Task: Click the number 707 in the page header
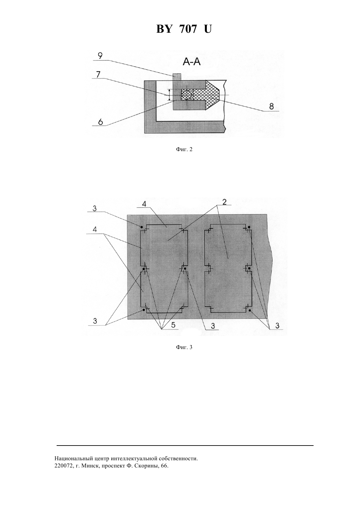coord(188,29)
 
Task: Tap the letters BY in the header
coord(164,29)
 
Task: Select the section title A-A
coord(191,61)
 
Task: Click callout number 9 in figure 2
coord(100,56)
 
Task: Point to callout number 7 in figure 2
coord(98,74)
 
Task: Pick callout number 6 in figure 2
coord(100,122)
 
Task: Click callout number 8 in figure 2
coord(271,107)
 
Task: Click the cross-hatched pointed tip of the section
coord(212,95)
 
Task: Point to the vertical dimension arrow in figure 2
coord(169,95)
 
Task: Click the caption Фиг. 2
coord(184,149)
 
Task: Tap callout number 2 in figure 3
coord(225,202)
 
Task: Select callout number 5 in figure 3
coord(173,325)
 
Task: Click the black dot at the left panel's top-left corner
coord(141,227)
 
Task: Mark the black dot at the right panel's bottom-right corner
coord(249,310)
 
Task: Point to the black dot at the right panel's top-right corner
coord(249,227)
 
